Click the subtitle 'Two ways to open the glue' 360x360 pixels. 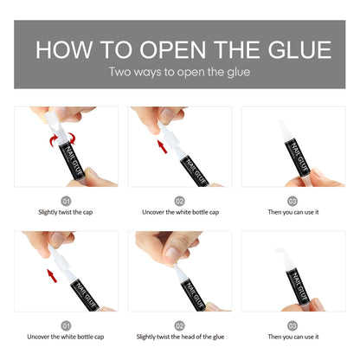click(x=179, y=72)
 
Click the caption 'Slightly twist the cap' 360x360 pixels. click(x=66, y=211)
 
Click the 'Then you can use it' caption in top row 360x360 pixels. click(x=292, y=211)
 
